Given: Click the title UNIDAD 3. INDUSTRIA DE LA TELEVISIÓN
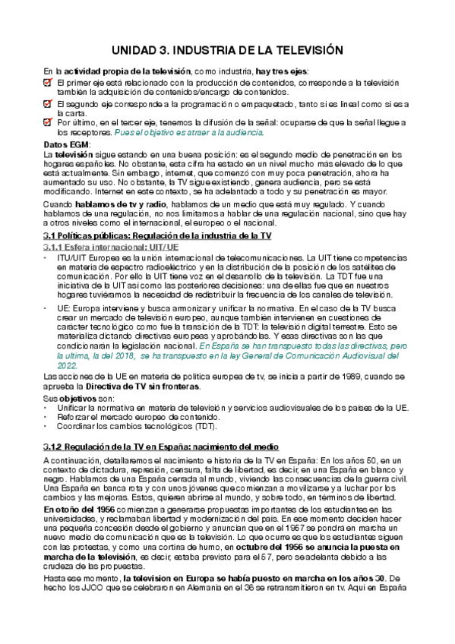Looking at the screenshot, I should coord(227,51).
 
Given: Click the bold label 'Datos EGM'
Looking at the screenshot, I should coord(66,144).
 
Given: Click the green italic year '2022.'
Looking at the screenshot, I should coord(68,343).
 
